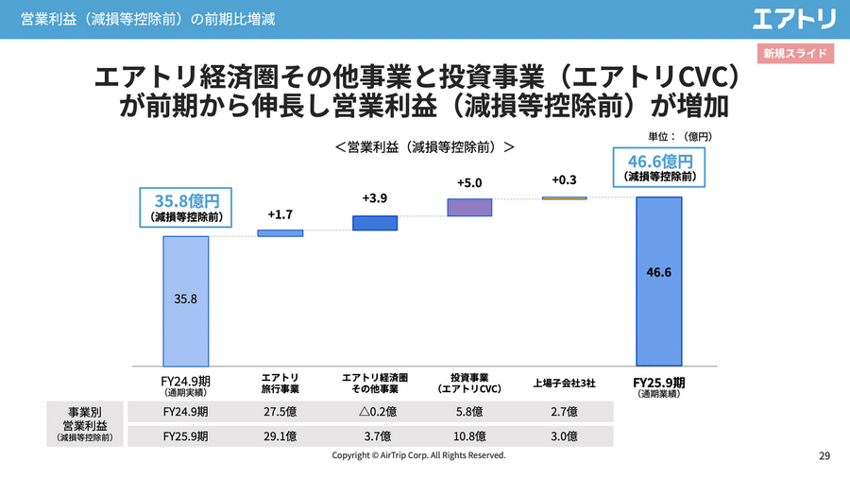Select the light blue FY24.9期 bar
[x=186, y=300]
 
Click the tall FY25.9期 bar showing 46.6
[x=658, y=281]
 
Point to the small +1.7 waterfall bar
[x=280, y=232]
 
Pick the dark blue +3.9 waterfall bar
[x=375, y=223]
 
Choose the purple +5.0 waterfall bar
[x=469, y=207]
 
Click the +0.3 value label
[x=564, y=180]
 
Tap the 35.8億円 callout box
[x=186, y=207]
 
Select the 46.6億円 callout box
[x=659, y=167]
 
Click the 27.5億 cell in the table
[x=280, y=412]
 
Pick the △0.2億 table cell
[x=375, y=412]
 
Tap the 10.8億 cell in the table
[x=469, y=436]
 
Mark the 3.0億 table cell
[x=564, y=436]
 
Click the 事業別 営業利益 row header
[x=86, y=424]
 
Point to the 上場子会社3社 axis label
[x=564, y=384]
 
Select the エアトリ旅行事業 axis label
[x=280, y=383]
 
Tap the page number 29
[x=824, y=456]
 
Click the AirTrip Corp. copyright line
[x=418, y=455]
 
